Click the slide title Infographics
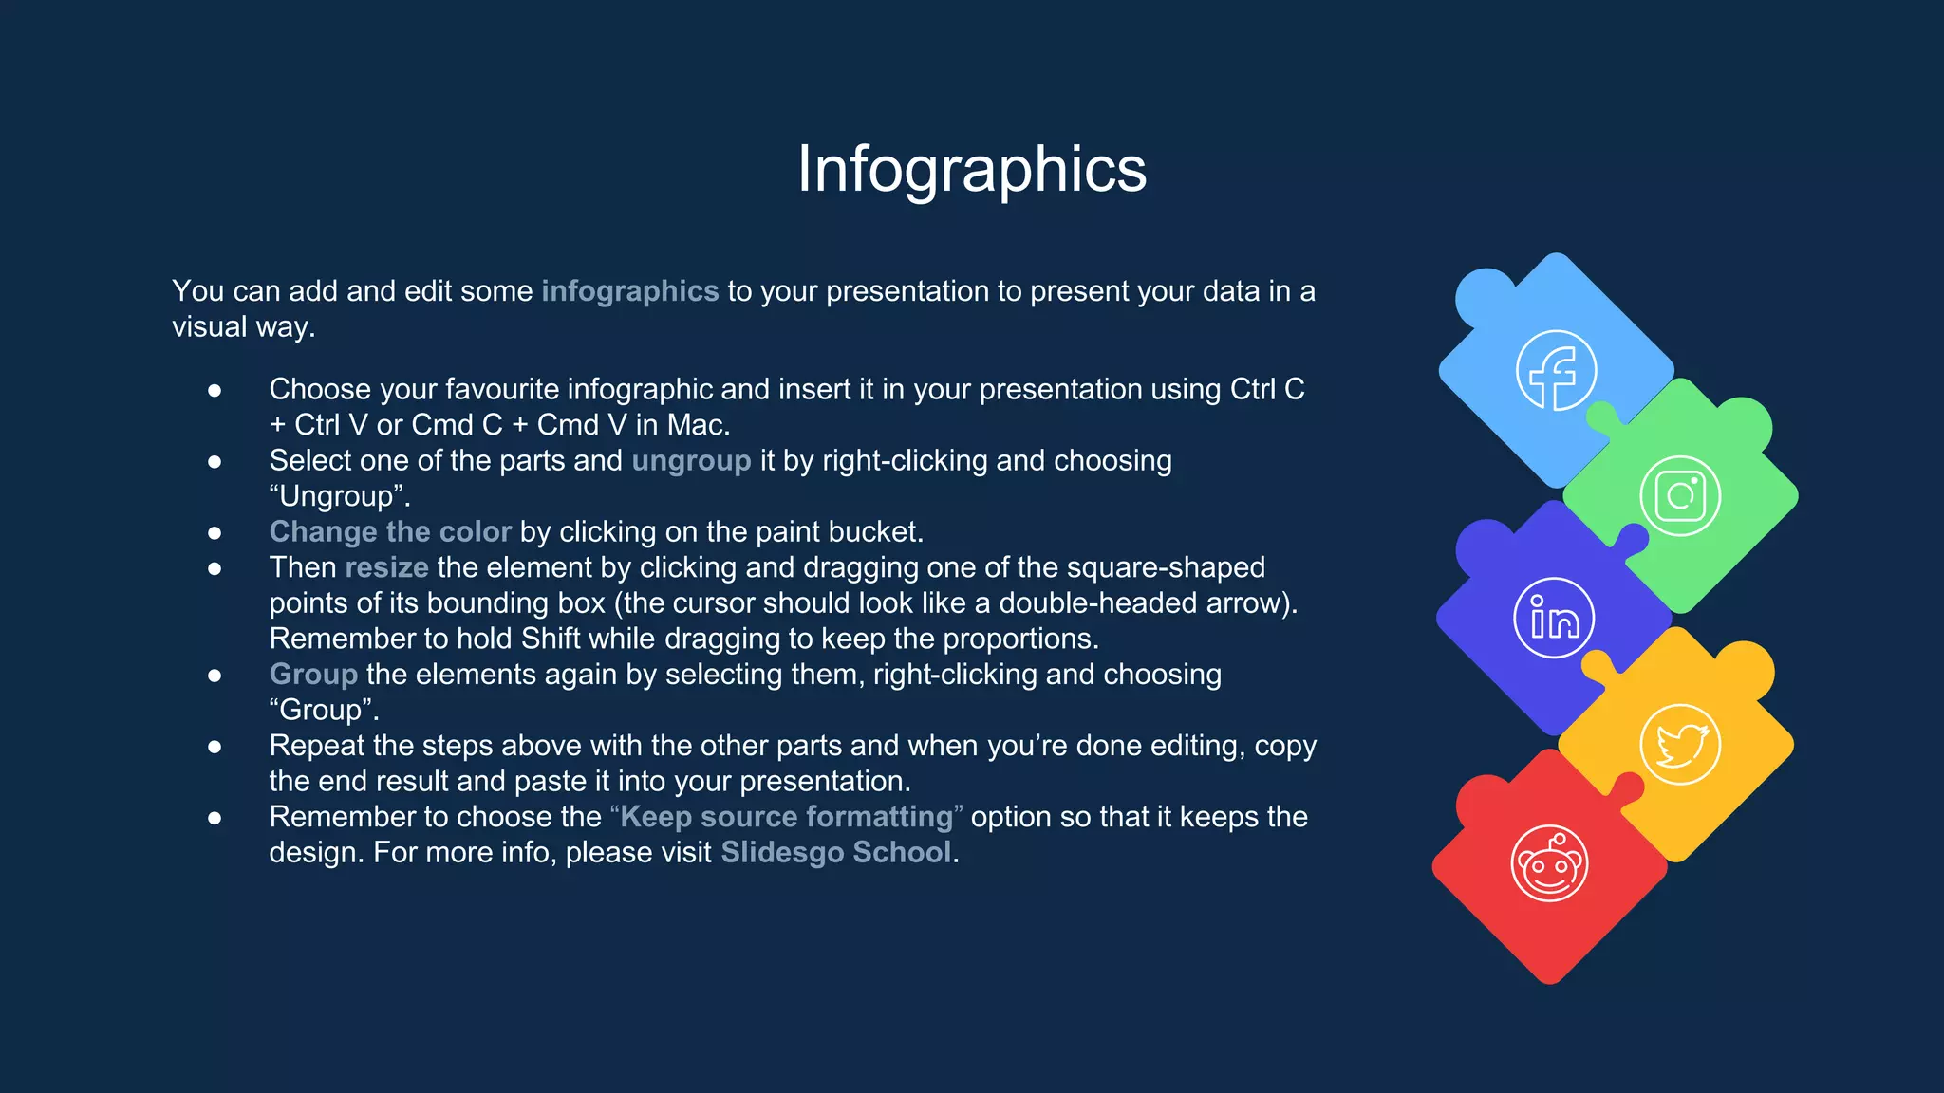click(x=971, y=170)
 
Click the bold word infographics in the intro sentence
click(x=629, y=291)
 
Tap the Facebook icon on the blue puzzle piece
click(x=1556, y=371)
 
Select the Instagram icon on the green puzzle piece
click(x=1680, y=495)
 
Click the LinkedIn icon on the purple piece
click(x=1554, y=619)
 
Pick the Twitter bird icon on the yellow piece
click(x=1680, y=745)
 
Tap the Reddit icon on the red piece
click(x=1550, y=863)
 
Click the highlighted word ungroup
click(x=691, y=461)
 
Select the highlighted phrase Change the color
click(x=390, y=532)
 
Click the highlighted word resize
click(x=387, y=567)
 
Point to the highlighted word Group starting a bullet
click(x=313, y=675)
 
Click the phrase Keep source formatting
click(x=786, y=817)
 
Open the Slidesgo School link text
click(x=835, y=853)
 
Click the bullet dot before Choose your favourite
click(x=215, y=390)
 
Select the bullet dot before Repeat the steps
click(x=215, y=747)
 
